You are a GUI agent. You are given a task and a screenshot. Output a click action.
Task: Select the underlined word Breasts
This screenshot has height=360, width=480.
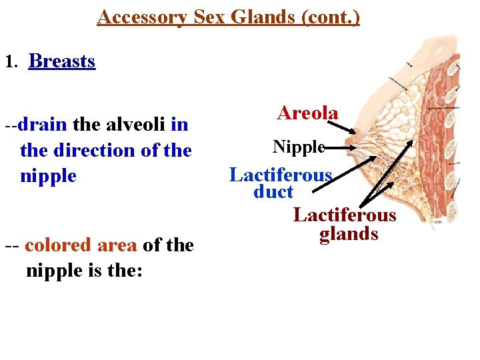click(62, 61)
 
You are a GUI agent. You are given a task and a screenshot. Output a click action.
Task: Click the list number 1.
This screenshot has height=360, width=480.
click(9, 63)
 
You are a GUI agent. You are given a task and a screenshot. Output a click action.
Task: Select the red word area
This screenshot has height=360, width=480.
click(117, 245)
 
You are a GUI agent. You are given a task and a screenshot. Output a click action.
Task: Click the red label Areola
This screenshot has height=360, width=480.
click(307, 113)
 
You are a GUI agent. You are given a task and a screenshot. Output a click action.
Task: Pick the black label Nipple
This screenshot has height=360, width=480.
click(298, 147)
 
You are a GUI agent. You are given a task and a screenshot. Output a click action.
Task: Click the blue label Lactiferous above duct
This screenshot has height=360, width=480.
click(281, 175)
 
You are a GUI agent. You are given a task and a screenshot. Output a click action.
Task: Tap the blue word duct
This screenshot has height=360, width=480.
click(273, 192)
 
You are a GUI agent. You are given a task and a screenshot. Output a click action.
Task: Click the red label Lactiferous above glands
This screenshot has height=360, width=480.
click(345, 215)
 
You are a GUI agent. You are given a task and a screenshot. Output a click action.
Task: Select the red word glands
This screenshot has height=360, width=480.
click(349, 234)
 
